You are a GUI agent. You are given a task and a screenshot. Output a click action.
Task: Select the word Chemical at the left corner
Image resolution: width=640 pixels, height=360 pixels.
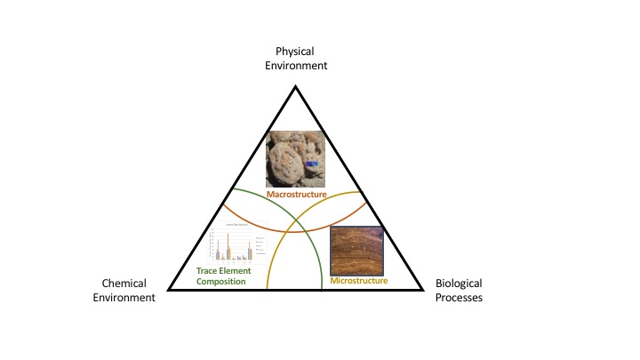[124, 284]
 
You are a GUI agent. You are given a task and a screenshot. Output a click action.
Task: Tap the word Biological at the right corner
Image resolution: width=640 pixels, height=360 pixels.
[459, 284]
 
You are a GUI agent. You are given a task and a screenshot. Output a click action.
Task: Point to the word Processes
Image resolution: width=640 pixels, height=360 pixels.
[459, 298]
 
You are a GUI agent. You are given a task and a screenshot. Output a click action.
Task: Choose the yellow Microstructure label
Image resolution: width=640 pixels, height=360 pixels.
[359, 281]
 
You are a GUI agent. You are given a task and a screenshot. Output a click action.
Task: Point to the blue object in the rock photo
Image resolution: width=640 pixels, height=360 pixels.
[312, 164]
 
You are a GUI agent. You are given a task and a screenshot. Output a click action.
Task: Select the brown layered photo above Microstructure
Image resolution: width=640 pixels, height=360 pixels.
[357, 251]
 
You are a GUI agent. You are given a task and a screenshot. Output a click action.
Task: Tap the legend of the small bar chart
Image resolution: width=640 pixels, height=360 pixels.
[259, 247]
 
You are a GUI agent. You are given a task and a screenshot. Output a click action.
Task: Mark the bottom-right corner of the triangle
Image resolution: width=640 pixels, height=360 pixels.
[421, 291]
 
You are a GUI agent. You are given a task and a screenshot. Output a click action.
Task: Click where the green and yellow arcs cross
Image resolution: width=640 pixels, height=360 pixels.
[297, 214]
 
